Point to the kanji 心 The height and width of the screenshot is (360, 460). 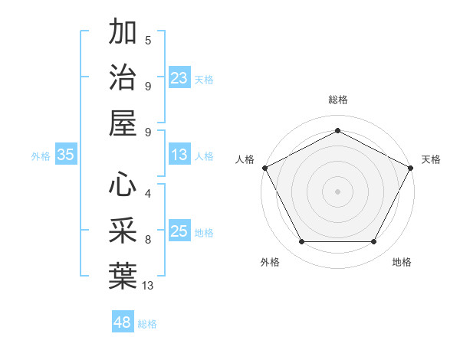[123, 185]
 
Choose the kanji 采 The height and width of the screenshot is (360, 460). [123, 230]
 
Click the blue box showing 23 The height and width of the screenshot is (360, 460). [179, 77]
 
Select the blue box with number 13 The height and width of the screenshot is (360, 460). [179, 155]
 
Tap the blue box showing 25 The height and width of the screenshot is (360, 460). [179, 231]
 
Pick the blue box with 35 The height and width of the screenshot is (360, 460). [66, 155]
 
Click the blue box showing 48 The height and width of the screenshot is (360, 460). [123, 322]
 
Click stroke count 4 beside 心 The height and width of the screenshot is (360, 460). [148, 194]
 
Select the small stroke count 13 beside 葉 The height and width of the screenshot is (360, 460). [148, 285]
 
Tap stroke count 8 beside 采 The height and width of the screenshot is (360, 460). [148, 240]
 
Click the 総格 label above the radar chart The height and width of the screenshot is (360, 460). [338, 100]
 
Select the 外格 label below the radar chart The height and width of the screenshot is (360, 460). [270, 262]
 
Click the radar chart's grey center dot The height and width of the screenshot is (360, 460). [337, 191]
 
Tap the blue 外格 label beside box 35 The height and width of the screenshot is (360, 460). [41, 155]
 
